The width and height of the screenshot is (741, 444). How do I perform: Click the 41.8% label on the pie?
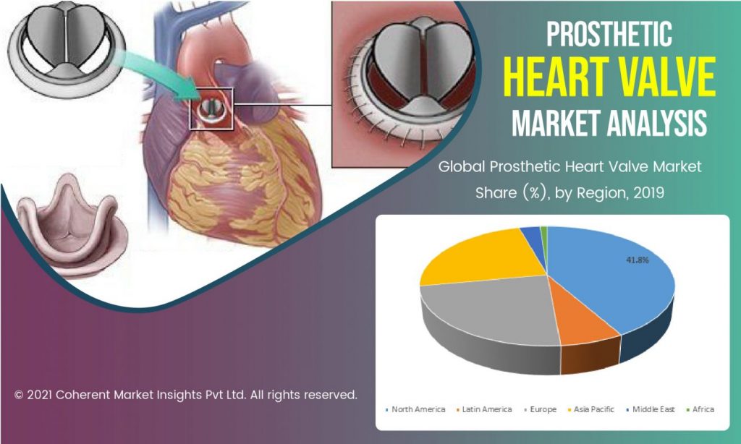[x=637, y=260]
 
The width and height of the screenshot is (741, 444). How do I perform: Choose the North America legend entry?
[x=415, y=409]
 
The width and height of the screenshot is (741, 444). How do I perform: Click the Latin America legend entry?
[x=484, y=409]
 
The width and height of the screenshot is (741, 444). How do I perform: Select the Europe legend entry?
[x=540, y=409]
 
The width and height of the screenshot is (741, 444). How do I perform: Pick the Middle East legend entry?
[x=651, y=409]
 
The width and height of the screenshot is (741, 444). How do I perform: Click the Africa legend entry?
[x=700, y=409]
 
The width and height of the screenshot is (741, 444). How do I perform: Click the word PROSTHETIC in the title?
[x=609, y=34]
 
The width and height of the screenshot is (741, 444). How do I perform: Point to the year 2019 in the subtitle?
[x=648, y=193]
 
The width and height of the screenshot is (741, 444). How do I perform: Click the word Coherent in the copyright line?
[x=84, y=394]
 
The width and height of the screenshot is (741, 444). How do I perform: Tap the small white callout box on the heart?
[x=211, y=108]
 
